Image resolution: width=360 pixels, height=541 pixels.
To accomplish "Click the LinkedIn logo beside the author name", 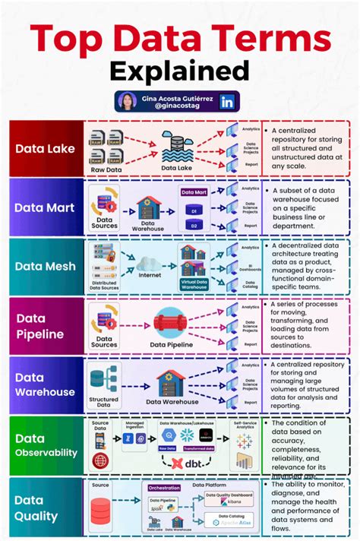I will [x=226, y=102].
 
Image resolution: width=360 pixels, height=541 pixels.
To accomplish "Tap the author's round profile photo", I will [x=129, y=102].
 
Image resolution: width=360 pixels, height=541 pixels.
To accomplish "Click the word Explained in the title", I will [x=179, y=71].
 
